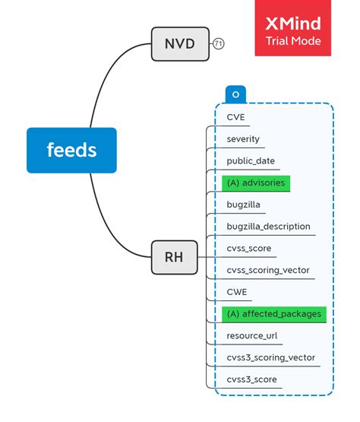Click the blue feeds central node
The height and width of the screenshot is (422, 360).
[x=71, y=150]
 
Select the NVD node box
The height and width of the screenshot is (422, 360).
[x=179, y=44]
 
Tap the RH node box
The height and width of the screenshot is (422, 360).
[x=173, y=257]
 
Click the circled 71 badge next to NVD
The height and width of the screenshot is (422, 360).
[x=219, y=44]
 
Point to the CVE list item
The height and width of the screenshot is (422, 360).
[x=235, y=117]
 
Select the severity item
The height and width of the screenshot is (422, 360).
[x=243, y=139]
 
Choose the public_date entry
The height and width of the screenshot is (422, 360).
[x=251, y=161]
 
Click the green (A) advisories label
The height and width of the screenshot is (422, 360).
[x=256, y=183]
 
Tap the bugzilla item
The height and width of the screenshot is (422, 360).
[x=244, y=205]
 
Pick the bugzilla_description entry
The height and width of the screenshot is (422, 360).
[x=268, y=227]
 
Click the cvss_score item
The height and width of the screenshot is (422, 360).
[x=248, y=248]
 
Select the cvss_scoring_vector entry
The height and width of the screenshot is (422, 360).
[x=267, y=270]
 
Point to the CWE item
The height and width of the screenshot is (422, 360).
[x=236, y=292]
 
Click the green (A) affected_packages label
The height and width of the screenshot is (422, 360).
[x=273, y=313]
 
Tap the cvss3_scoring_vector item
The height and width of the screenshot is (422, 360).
[x=270, y=357]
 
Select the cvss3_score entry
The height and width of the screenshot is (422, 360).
[x=251, y=379]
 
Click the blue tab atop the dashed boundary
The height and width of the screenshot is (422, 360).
[x=235, y=94]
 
